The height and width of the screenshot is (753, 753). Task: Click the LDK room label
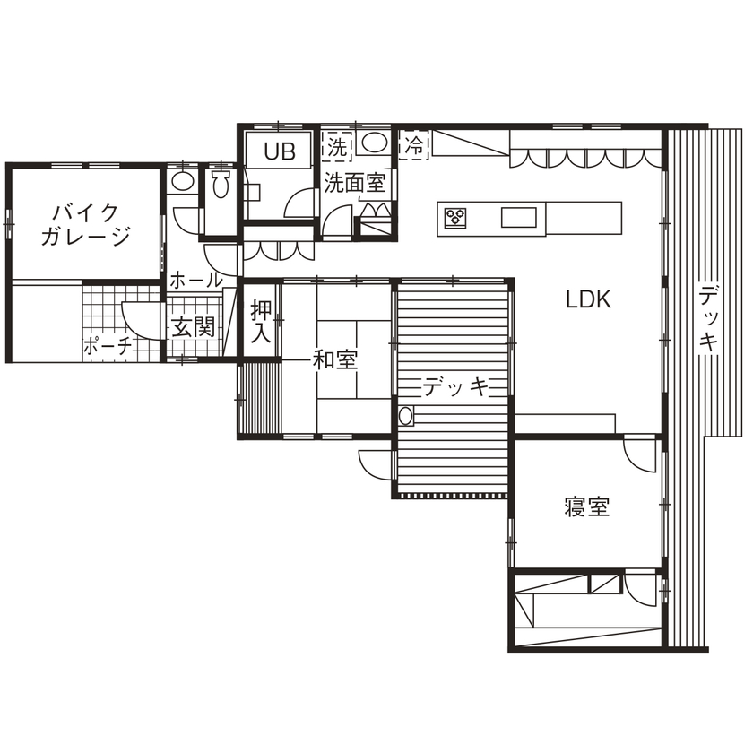[588, 300]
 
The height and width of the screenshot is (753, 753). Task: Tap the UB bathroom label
[279, 152]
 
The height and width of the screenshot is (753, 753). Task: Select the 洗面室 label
[354, 184]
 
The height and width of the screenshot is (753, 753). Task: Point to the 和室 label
[335, 360]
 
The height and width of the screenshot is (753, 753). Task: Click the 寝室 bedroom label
[587, 507]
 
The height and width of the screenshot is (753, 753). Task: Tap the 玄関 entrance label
[193, 327]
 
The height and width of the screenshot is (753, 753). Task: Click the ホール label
[195, 280]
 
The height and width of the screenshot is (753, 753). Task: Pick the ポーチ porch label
[108, 346]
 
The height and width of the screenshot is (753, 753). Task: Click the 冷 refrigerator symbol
[415, 143]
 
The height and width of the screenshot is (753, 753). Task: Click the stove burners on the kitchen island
[456, 217]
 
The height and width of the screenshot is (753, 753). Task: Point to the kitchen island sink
[518, 217]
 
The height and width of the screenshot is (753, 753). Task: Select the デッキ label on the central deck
[455, 387]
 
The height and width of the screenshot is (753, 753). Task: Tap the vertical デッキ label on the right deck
[709, 318]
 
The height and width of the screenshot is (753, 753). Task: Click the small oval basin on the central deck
[405, 416]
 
